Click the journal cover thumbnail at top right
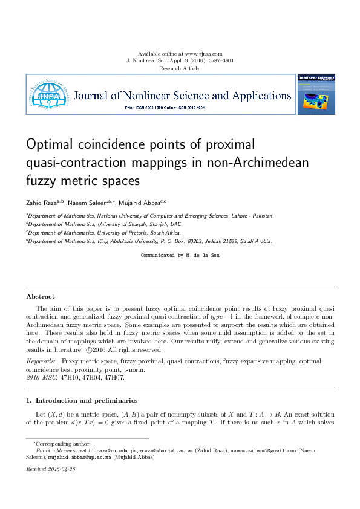click(315, 94)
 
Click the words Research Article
click(180, 68)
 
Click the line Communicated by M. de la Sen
click(180, 256)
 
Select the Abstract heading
click(40, 296)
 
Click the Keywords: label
click(41, 361)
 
